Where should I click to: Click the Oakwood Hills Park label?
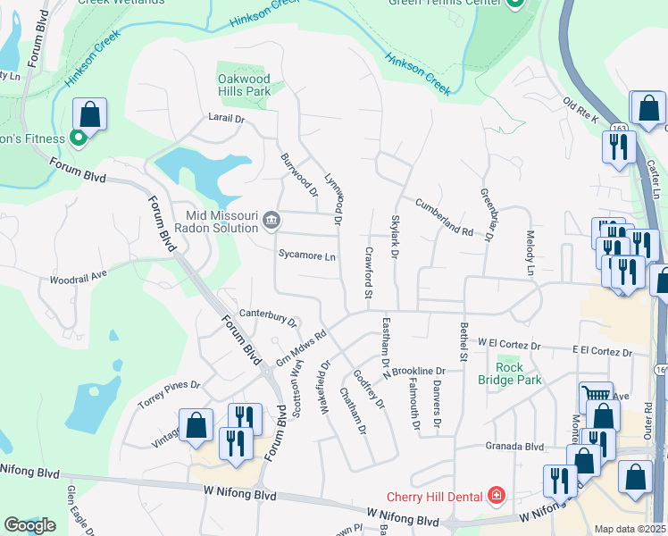(x=244, y=85)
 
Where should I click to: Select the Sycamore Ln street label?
(x=306, y=256)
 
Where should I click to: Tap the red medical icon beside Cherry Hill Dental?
(x=495, y=496)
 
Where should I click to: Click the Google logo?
(x=29, y=525)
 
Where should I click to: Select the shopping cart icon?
(x=596, y=394)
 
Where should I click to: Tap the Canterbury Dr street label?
(x=268, y=317)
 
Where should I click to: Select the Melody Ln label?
(x=529, y=252)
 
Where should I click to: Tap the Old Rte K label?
(x=581, y=106)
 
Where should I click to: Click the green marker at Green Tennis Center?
(x=514, y=4)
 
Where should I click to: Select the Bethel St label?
(x=463, y=342)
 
